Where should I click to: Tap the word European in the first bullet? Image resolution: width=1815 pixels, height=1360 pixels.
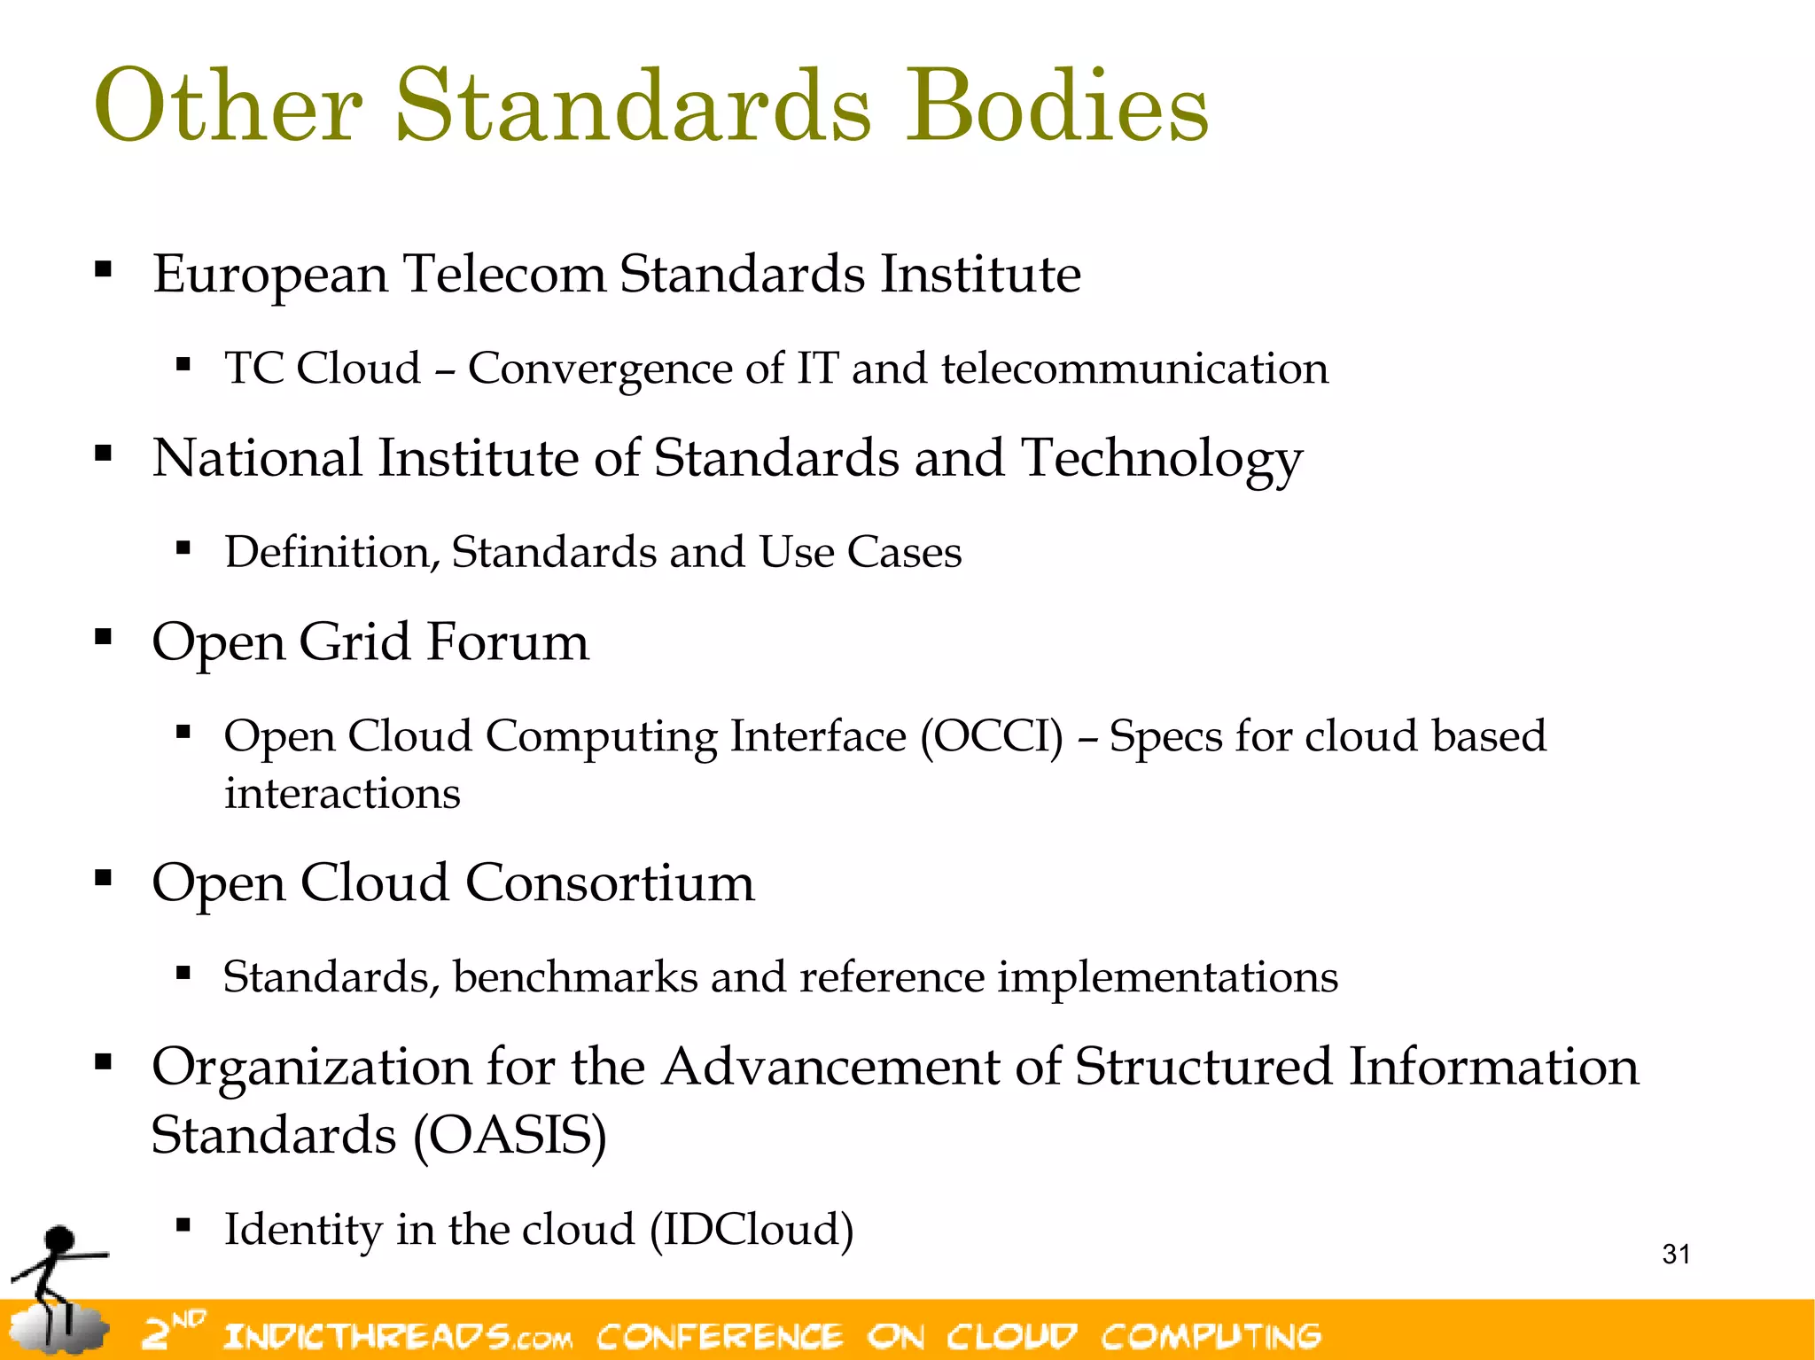(270, 275)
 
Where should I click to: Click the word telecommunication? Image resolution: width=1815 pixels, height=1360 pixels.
(1134, 368)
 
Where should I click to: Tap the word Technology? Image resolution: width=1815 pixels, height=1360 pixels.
(1161, 461)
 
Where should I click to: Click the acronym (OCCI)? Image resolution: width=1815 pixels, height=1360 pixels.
(992, 736)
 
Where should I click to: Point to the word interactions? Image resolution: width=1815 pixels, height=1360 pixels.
(342, 793)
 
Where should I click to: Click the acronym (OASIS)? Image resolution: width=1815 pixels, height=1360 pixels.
(511, 1135)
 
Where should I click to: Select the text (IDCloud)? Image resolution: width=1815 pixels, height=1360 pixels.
(752, 1230)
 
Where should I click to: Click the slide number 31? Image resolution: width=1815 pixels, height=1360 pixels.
(1676, 1254)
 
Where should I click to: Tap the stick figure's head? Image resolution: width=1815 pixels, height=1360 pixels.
(60, 1239)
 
